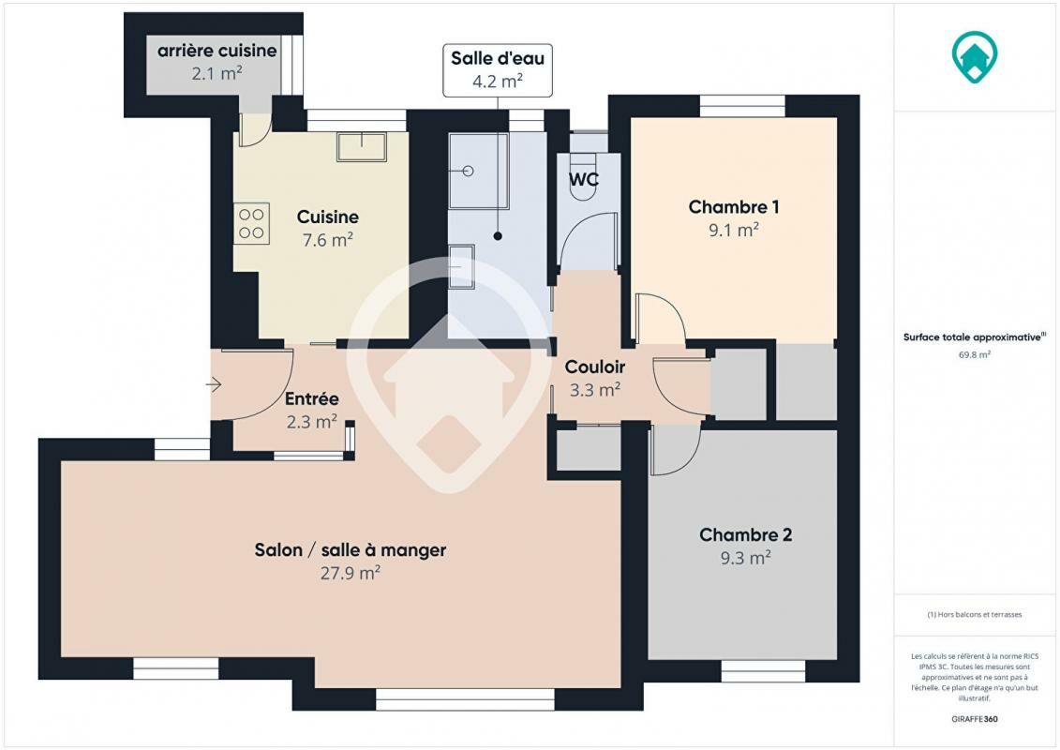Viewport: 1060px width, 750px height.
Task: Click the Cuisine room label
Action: [x=328, y=217]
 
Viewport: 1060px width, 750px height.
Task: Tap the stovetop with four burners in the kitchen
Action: [x=251, y=224]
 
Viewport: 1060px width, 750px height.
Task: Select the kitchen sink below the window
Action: [x=362, y=147]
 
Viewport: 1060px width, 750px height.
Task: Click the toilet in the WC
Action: [x=583, y=177]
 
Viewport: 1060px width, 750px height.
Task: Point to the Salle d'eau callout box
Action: [x=498, y=70]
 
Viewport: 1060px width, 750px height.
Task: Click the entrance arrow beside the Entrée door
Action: [x=214, y=384]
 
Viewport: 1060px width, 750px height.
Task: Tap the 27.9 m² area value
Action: [x=351, y=574]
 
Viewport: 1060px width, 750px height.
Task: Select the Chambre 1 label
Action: [x=734, y=207]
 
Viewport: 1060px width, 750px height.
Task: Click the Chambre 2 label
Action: [x=746, y=535]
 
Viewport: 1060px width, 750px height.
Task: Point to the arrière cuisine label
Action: [x=217, y=51]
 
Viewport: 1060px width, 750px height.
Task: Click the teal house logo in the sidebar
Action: [x=975, y=57]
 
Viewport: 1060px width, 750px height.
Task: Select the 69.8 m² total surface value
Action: [x=975, y=354]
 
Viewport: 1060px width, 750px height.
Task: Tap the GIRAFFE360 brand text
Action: [x=974, y=719]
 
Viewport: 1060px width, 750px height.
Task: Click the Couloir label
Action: [x=595, y=367]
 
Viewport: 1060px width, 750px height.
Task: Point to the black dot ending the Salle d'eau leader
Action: [x=498, y=236]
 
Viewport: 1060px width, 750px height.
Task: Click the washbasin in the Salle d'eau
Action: [x=462, y=266]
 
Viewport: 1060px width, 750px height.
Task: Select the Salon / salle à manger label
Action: [x=351, y=550]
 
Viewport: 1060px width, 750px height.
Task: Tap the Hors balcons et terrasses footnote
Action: [x=975, y=615]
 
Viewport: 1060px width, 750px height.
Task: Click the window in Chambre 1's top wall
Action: [x=742, y=106]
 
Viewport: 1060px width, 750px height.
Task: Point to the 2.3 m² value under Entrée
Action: [x=312, y=422]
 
